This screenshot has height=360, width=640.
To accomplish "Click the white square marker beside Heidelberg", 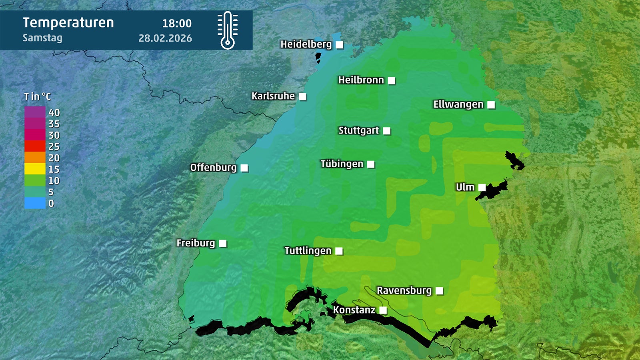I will [339, 45].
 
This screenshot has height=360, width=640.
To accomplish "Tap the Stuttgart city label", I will [358, 131].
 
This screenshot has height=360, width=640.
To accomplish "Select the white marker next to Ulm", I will [482, 188].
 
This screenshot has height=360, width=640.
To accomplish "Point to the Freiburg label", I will [196, 243].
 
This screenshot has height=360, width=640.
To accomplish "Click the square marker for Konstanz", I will [383, 310].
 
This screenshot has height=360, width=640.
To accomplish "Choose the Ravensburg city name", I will [404, 290].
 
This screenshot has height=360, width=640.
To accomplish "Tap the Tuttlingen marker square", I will [339, 251].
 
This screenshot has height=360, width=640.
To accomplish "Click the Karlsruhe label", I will [273, 96].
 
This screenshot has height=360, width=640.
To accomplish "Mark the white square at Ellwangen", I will [491, 105].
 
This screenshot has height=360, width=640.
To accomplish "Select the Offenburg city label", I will [213, 168].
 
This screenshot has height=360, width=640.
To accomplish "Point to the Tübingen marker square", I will [371, 164].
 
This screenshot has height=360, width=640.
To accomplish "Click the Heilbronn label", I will [361, 80].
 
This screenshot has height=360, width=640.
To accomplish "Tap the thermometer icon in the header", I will [228, 30].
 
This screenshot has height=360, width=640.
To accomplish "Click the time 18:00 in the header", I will [177, 24].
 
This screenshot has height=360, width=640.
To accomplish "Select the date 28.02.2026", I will [165, 38].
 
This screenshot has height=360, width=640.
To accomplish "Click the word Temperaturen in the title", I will [68, 23].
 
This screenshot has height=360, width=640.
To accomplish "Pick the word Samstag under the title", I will [42, 38].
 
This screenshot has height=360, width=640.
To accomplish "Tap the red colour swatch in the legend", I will [35, 146].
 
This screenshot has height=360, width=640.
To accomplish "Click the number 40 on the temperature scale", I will [54, 113].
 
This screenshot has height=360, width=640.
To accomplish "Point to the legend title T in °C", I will [38, 97].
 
